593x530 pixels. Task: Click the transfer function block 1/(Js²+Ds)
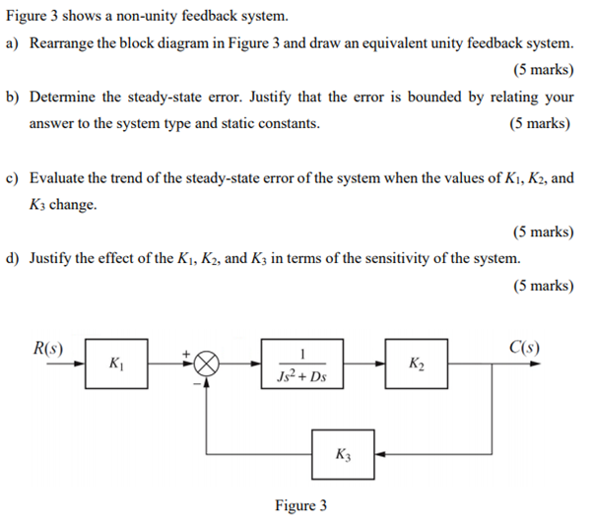(x=302, y=364)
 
